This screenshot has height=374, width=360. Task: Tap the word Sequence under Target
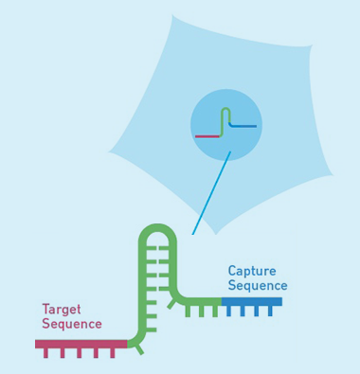coord(71,325)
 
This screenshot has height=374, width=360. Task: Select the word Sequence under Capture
coord(257,286)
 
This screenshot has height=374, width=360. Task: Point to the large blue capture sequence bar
coord(252,302)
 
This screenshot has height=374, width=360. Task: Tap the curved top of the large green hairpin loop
coord(157,229)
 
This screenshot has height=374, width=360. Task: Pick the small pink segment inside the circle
coord(207,136)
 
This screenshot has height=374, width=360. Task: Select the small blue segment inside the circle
coord(244,126)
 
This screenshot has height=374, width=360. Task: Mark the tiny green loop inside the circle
coord(225,114)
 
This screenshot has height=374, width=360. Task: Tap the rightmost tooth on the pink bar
coord(113,353)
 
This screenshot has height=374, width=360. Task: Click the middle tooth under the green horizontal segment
coord(201,311)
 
